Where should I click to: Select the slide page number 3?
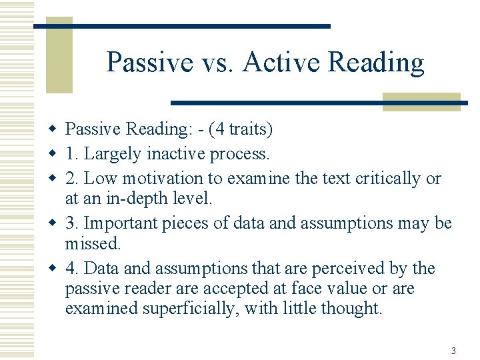pyautogui.click(x=453, y=351)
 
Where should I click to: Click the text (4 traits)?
pyautogui.click(x=241, y=129)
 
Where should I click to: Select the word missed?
pyautogui.click(x=93, y=244)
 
